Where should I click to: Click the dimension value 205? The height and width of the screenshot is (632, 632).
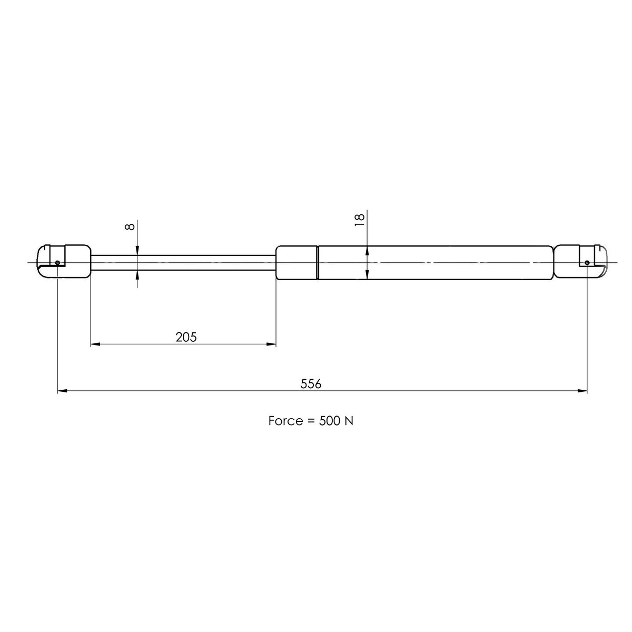tap(186, 337)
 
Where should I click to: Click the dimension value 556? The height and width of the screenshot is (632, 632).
tap(311, 383)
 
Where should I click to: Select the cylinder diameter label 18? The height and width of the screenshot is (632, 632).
tap(360, 220)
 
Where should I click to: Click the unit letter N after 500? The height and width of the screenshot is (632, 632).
tap(349, 421)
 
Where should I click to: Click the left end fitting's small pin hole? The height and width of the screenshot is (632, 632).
tap(57, 263)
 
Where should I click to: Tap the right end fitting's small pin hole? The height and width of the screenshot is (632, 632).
tap(587, 262)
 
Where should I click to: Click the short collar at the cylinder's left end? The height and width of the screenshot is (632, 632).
tap(297, 262)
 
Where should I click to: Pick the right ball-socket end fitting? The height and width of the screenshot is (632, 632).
tap(582, 261)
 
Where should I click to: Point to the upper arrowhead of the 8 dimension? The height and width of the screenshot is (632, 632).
tap(137, 251)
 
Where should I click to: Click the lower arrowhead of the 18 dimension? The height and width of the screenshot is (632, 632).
tap(367, 274)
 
